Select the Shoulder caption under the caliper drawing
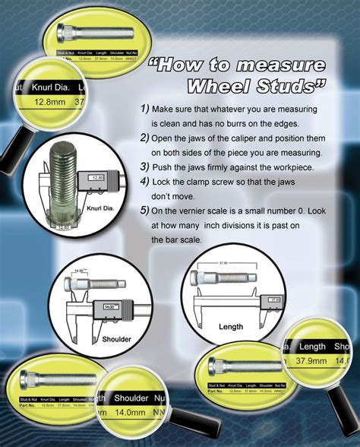coord(116,339)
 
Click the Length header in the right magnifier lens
coord(312,347)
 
